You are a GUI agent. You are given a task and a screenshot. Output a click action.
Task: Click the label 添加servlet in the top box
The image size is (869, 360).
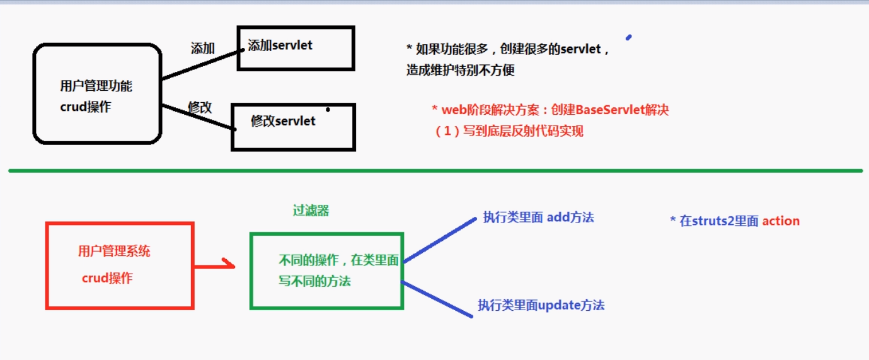(x=280, y=45)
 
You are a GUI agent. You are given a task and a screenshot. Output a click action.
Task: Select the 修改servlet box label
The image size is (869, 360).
(x=283, y=121)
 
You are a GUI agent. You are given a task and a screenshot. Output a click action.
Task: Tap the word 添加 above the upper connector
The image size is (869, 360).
(x=203, y=49)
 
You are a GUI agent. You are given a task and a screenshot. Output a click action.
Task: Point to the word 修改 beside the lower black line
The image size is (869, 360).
(x=200, y=107)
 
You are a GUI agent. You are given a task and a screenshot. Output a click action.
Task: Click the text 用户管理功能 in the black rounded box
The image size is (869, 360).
(x=96, y=86)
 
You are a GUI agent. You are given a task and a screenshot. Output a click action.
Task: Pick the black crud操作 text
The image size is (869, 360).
(x=86, y=107)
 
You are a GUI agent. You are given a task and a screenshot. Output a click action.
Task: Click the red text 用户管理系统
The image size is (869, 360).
(x=114, y=251)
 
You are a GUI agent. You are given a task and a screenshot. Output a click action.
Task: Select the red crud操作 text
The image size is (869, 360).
(x=107, y=278)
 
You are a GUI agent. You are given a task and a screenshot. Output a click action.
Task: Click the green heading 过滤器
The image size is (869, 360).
(x=311, y=211)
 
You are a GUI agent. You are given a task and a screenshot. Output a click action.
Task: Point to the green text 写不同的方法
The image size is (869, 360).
(x=314, y=281)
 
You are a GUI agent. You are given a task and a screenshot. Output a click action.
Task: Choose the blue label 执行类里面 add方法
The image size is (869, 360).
(x=538, y=218)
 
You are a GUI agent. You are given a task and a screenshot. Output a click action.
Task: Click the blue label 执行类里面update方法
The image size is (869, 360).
(x=541, y=305)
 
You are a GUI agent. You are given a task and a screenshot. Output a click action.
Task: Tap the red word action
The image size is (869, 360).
(x=781, y=221)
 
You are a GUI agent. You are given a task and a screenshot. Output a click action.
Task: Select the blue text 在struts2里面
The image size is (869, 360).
(x=718, y=221)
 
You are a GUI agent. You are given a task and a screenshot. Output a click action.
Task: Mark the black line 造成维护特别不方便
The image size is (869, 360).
(x=460, y=70)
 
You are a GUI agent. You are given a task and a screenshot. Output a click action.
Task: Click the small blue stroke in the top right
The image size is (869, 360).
(x=628, y=37)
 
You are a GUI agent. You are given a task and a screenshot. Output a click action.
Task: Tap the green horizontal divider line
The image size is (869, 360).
(x=435, y=170)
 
